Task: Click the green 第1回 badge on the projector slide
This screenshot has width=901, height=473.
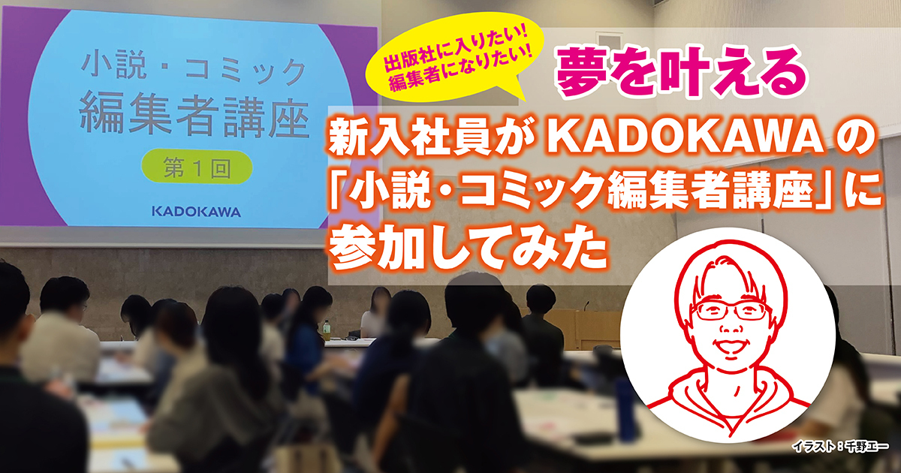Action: point(197,167)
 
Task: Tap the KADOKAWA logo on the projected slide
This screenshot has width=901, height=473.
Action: point(196,212)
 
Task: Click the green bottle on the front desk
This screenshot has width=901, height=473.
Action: point(327,330)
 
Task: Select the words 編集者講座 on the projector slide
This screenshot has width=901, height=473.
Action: point(194,117)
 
